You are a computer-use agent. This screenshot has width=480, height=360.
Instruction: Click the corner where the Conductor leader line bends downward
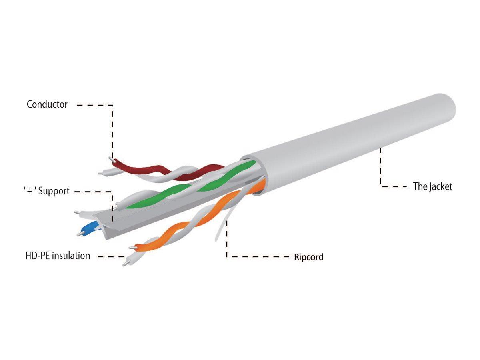point(112,105)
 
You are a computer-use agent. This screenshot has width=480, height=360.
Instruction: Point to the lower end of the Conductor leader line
point(112,158)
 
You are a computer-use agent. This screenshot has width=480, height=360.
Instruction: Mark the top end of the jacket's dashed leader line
point(380,148)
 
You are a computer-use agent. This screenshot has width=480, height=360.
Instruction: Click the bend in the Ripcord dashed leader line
point(226,257)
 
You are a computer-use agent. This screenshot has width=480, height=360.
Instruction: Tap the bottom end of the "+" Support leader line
point(112,222)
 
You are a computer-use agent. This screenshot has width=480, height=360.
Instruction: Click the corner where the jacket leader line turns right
point(380,187)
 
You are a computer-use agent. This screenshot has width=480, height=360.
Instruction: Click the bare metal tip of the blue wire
point(79,234)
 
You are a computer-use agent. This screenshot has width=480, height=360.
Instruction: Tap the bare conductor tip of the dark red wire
point(112,160)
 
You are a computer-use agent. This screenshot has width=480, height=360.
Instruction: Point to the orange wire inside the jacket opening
point(261,186)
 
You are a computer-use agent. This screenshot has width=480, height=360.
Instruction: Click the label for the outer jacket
point(432,186)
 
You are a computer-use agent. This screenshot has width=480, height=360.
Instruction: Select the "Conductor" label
point(47,104)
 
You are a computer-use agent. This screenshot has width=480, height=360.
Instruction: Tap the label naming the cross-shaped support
point(46,191)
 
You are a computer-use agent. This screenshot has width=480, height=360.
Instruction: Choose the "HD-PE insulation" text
point(58,256)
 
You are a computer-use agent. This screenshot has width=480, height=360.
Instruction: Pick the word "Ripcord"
point(309,257)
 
